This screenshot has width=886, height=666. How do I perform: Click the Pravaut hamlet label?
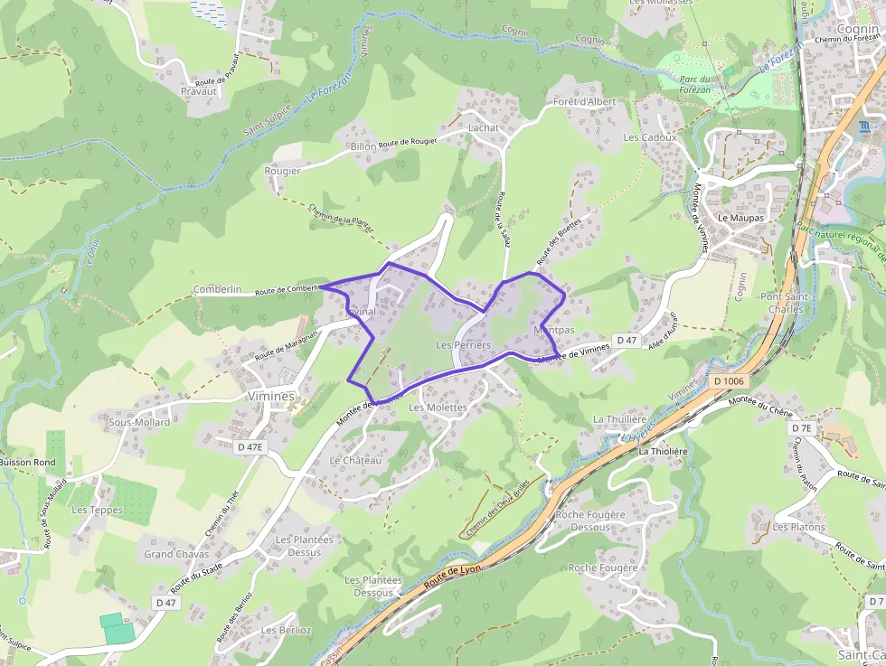pyautogui.click(x=199, y=91)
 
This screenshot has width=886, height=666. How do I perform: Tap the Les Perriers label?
pyautogui.click(x=463, y=345)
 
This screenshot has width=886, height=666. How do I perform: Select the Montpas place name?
pyautogui.click(x=554, y=331)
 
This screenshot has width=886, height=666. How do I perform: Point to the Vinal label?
pyautogui.click(x=363, y=312)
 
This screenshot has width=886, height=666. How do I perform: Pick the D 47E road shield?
pyautogui.click(x=250, y=446)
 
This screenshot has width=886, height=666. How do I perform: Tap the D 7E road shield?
pyautogui.click(x=802, y=427)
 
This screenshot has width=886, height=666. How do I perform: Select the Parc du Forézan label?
pyautogui.click(x=694, y=84)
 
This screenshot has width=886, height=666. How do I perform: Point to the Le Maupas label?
pyautogui.click(x=740, y=219)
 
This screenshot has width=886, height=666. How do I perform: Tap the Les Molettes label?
pyautogui.click(x=438, y=408)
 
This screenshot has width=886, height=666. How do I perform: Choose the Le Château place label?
pyautogui.click(x=355, y=461)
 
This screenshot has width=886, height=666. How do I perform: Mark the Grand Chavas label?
pyautogui.click(x=176, y=554)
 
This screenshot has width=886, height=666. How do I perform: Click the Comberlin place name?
pyautogui.click(x=217, y=289)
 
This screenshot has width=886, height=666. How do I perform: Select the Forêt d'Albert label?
pyautogui.click(x=584, y=101)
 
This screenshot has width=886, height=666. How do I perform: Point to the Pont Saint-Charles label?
pyautogui.click(x=782, y=303)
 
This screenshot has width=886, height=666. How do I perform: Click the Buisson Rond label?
pyautogui.click(x=27, y=462)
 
